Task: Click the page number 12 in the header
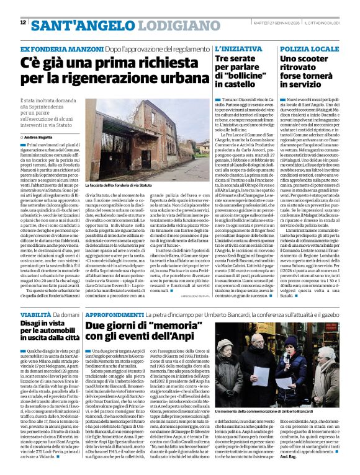(23, 22)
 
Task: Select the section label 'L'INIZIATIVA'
(233, 48)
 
